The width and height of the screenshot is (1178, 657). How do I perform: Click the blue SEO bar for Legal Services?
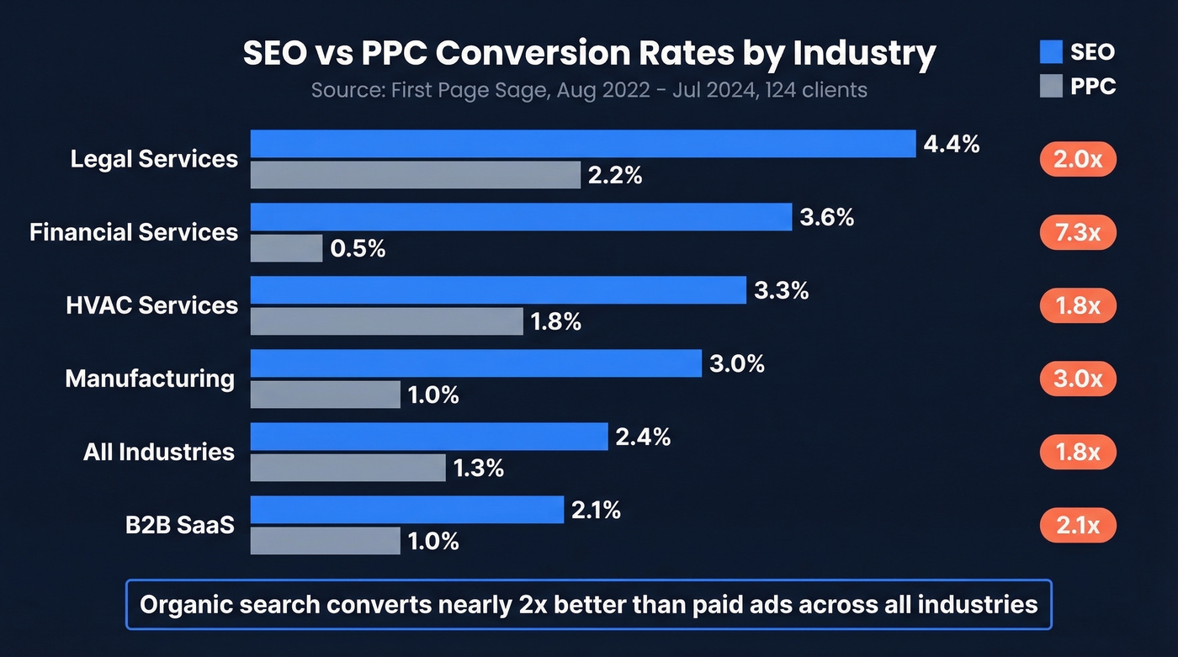click(582, 144)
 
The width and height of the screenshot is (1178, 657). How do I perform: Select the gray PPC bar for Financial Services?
click(286, 248)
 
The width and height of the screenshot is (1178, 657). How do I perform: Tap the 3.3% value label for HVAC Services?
click(781, 291)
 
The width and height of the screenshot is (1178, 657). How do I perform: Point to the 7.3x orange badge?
click(1078, 232)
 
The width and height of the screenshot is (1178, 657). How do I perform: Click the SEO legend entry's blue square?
click(1051, 52)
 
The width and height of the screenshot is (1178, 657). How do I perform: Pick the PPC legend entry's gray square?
click(1051, 86)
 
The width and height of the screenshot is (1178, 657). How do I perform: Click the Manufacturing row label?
click(150, 379)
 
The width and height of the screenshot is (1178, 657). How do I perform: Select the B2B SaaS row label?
click(179, 525)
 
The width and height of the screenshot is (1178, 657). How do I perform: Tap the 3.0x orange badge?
click(1078, 379)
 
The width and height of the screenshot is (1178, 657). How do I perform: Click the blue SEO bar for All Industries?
click(429, 437)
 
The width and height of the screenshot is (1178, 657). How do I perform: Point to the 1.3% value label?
click(479, 469)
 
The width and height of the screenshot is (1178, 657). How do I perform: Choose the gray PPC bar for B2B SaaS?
click(325, 541)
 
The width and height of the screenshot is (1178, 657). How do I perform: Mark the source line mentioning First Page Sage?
click(588, 90)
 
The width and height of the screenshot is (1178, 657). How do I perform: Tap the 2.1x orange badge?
click(1078, 526)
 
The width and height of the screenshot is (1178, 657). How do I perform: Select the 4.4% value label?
click(952, 145)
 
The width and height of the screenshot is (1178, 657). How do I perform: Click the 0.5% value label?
click(358, 249)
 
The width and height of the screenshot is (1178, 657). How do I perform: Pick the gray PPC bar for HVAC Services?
click(386, 321)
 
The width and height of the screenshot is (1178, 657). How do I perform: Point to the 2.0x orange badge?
click(1078, 159)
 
